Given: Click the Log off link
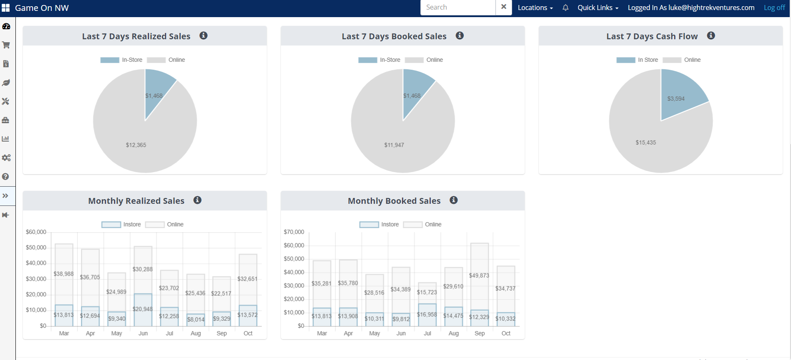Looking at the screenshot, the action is tap(774, 8).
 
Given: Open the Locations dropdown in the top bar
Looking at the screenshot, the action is tap(535, 8).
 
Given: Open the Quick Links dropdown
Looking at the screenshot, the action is tap(598, 8).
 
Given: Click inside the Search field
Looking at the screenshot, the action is tap(458, 8).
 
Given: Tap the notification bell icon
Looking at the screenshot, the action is tap(566, 8).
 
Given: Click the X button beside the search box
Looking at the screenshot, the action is tap(504, 7).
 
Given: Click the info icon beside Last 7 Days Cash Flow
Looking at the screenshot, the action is tap(711, 35).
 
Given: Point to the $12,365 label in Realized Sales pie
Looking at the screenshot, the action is tap(136, 145).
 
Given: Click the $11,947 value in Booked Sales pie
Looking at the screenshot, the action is tap(394, 145).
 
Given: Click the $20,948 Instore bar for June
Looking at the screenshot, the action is tap(143, 310).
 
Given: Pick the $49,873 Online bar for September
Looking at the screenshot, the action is tap(480, 276).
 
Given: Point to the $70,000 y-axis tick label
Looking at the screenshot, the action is tap(294, 232).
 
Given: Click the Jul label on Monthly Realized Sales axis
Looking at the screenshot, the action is tap(169, 333).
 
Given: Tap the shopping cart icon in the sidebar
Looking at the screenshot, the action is tap(6, 45).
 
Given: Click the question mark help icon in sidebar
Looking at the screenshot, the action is tap(5, 177).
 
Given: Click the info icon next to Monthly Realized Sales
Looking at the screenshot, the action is tap(197, 200).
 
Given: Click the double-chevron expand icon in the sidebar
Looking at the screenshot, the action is tap(5, 196).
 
